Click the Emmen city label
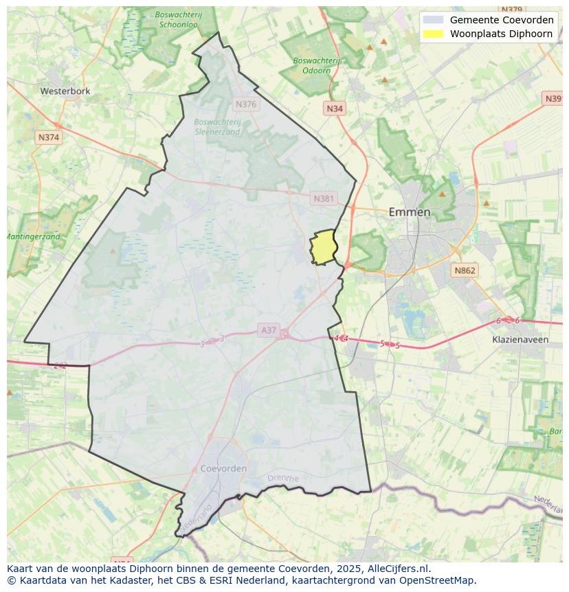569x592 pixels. tap(410, 212)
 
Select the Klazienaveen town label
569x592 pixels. tap(520, 340)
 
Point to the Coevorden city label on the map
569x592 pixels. tap(223, 468)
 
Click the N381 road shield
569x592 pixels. tap(323, 199)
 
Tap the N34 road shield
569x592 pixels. tap(335, 109)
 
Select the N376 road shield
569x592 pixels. tap(245, 105)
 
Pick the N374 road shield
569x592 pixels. tap(49, 138)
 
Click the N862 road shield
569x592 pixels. tap(465, 271)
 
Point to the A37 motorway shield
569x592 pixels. tap(269, 330)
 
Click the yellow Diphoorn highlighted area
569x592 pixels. tap(323, 248)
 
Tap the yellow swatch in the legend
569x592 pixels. tap(433, 34)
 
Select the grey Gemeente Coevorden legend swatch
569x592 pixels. tap(433, 20)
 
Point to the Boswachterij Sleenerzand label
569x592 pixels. tap(217, 127)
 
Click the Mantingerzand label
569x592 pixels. tap(34, 237)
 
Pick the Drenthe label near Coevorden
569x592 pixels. tap(282, 479)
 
